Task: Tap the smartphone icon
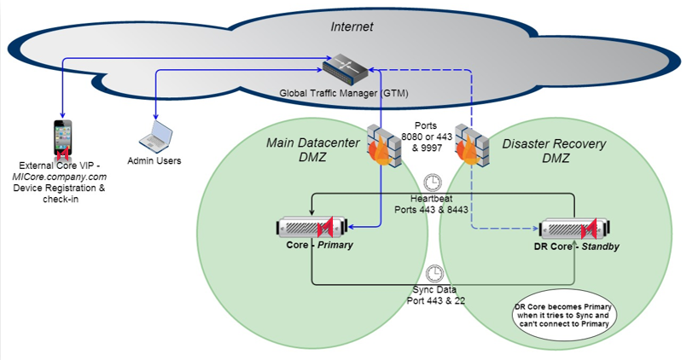point(61,139)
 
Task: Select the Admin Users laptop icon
point(155,135)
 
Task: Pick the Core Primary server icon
point(313,228)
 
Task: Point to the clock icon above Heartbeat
point(433,181)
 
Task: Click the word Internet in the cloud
point(352,26)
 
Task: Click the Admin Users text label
point(154,160)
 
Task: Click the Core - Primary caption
point(319,246)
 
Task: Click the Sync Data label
point(434,288)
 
